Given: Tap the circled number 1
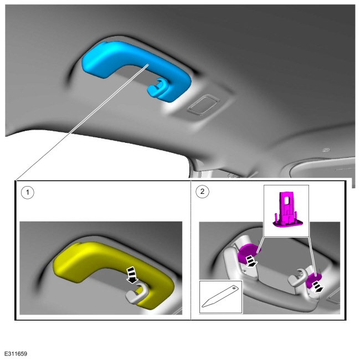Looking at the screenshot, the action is coord(28,192).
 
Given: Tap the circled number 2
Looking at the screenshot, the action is coord(202,192).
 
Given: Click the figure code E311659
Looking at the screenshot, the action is coord(16,354).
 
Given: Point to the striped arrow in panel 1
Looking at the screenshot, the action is coord(132,275).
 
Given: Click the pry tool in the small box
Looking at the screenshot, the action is coord(220,297).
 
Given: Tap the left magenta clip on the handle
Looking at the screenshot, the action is coord(248,253).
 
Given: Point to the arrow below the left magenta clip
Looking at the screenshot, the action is coord(251,262).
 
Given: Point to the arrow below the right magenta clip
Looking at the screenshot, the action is coord(318,287).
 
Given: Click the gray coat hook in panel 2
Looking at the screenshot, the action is coord(297,278).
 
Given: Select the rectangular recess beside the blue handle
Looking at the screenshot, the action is coord(203,104).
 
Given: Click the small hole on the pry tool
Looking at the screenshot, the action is coord(234,287).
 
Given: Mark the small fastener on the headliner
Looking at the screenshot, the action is coord(326,150).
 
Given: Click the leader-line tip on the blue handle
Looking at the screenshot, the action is coord(148,64).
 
